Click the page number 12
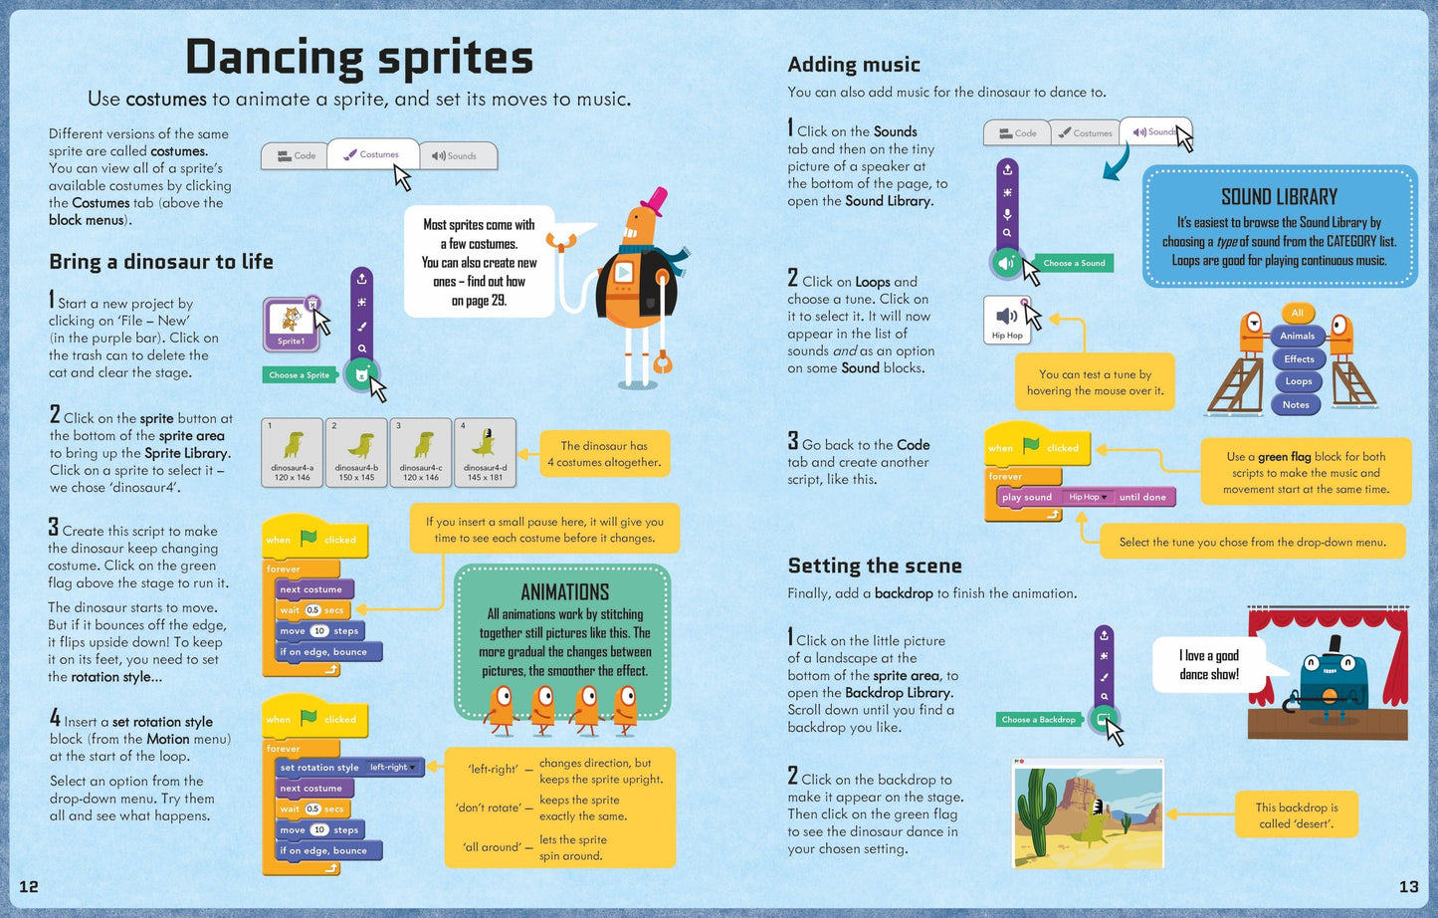pos(29,886)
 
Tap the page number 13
pos(1408,886)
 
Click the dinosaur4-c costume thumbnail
pos(421,452)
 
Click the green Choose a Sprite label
pos(299,375)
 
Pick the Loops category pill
pos(1298,381)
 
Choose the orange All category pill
pos(1297,313)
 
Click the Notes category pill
pos(1296,404)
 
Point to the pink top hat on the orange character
pos(654,201)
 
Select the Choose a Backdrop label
pos(1038,719)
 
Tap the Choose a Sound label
pos(1074,263)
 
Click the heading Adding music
pos(854,65)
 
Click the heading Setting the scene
pos(875,566)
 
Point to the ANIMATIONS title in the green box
pos(564,591)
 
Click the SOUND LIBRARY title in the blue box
pos(1279,197)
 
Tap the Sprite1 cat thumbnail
pos(291,324)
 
